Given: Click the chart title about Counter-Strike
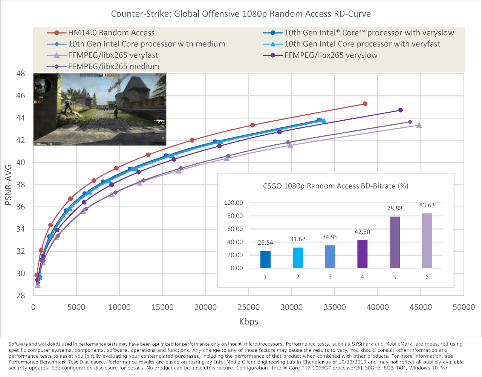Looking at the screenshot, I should [241, 14].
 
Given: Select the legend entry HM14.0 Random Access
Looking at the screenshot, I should [111, 33].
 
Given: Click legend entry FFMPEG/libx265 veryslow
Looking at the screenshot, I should [331, 55].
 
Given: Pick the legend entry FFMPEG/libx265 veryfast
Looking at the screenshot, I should [113, 55].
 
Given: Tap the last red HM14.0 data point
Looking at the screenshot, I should [365, 104].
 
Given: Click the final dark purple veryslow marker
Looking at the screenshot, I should [400, 110].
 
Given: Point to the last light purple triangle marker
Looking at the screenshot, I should [419, 126].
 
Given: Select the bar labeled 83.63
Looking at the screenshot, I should [427, 241].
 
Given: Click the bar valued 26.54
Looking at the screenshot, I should [265, 259].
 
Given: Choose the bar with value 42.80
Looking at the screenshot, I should [362, 254].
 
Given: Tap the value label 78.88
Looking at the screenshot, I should [395, 208].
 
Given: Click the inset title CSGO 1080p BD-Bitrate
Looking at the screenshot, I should [335, 186].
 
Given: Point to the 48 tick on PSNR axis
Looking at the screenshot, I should [21, 74].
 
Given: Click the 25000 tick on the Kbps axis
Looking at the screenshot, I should [248, 307].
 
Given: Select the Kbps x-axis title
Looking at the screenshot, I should [248, 322].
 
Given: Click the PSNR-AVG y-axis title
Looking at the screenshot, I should [8, 185].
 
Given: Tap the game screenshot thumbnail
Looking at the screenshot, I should [100, 109].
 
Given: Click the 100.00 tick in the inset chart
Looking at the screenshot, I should [233, 203].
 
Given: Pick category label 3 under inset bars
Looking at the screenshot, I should [330, 277].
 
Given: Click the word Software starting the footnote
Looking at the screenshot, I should [18, 344].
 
